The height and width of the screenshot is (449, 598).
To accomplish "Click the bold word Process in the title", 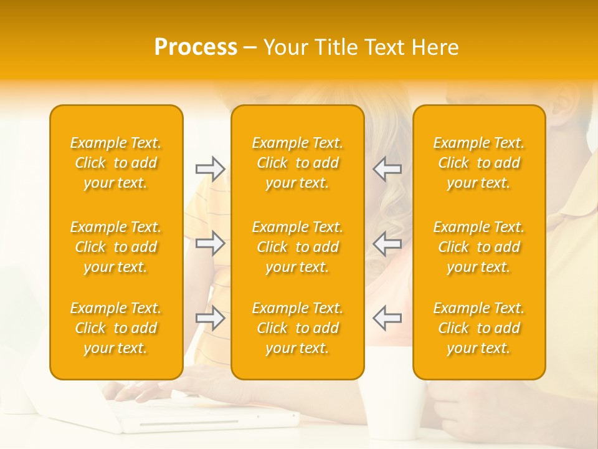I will (x=196, y=47).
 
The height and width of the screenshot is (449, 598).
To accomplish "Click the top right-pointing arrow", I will (x=210, y=168).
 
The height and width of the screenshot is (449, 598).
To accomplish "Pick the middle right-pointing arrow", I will (x=210, y=243).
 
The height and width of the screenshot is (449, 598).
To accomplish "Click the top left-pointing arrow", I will (x=387, y=168).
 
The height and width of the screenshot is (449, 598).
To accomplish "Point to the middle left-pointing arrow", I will (x=387, y=243).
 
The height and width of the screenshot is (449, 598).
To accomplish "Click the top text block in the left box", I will (x=116, y=163).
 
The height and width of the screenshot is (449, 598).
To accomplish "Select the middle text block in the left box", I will (x=116, y=247).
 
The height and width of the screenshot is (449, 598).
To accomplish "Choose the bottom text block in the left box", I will (x=116, y=328).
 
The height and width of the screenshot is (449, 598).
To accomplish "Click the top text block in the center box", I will (x=298, y=163).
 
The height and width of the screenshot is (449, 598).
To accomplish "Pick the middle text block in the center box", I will (x=298, y=247).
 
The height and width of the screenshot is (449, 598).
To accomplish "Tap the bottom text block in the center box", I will (x=298, y=328).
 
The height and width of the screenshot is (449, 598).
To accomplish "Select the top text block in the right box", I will (x=479, y=163).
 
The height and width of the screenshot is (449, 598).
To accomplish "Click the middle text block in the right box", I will (x=479, y=247).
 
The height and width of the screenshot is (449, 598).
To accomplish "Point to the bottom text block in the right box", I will (x=479, y=328).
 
